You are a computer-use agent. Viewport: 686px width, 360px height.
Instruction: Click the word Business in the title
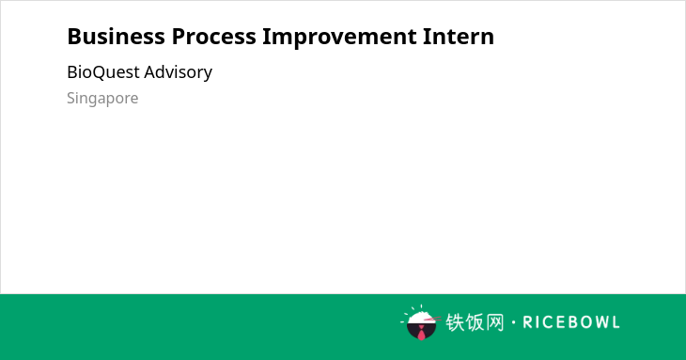(x=116, y=37)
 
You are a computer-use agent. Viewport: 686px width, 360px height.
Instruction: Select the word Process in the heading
(x=213, y=37)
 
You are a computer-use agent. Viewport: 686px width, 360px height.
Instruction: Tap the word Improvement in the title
(x=339, y=38)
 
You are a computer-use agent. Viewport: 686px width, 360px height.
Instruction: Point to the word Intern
(x=459, y=37)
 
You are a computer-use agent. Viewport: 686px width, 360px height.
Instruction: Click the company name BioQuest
(x=103, y=72)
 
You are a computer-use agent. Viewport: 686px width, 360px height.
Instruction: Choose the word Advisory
(x=178, y=73)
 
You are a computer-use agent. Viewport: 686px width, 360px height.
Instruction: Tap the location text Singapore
(x=102, y=99)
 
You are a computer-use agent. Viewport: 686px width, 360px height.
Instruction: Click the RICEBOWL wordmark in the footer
(x=571, y=322)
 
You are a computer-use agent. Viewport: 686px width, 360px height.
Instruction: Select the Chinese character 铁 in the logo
(x=455, y=322)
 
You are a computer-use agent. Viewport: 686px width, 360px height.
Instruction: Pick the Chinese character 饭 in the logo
(x=475, y=322)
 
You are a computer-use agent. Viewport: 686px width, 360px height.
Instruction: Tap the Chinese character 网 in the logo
(x=494, y=322)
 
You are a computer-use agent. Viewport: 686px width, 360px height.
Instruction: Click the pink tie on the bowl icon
(x=421, y=333)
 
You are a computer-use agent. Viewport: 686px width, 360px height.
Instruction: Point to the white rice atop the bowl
(x=420, y=317)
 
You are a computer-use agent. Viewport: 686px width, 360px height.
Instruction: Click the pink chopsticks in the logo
(x=432, y=320)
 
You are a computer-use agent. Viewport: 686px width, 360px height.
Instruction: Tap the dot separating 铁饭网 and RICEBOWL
(x=513, y=322)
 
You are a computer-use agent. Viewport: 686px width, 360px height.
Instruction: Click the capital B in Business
(x=74, y=37)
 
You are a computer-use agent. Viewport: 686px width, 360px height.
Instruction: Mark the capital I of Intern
(x=426, y=37)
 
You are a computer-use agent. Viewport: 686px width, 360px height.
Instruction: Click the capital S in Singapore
(x=71, y=98)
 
